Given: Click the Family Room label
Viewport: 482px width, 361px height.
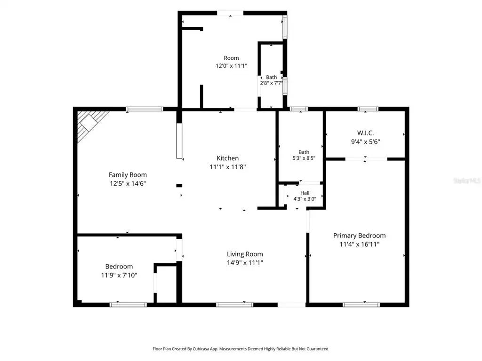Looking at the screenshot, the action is pyautogui.click(x=128, y=175).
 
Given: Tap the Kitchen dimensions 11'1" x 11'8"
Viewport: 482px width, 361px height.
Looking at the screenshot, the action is pyautogui.click(x=228, y=167).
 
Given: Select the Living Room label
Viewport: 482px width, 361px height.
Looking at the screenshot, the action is pyautogui.click(x=245, y=254).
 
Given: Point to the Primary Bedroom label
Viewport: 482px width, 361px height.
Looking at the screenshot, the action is pyautogui.click(x=359, y=235).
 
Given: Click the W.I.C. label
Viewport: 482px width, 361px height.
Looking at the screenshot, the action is pyautogui.click(x=365, y=133).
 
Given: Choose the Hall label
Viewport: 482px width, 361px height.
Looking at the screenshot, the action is pyautogui.click(x=305, y=193).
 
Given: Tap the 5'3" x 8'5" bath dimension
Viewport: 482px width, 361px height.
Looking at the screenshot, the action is pyautogui.click(x=304, y=158).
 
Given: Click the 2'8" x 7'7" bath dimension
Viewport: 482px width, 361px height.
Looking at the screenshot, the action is pyautogui.click(x=272, y=83).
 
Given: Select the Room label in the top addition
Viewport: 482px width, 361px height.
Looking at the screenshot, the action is pyautogui.click(x=231, y=58).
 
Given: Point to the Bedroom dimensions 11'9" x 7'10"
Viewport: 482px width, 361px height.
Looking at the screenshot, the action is pyautogui.click(x=119, y=275).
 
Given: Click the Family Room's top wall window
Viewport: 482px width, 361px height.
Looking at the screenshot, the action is pyautogui.click(x=145, y=109).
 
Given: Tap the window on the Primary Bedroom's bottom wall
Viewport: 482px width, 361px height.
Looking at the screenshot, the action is pyautogui.click(x=361, y=305).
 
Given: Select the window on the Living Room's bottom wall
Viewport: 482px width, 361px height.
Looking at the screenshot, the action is pyautogui.click(x=234, y=305).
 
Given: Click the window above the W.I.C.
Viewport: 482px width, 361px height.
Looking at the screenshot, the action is pyautogui.click(x=368, y=109).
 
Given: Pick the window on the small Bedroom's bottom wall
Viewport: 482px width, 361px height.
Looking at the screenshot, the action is pyautogui.click(x=128, y=305).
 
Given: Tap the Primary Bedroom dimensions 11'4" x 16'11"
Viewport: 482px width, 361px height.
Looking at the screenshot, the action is pyautogui.click(x=360, y=244).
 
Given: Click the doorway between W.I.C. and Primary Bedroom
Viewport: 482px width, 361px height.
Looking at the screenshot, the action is pyautogui.click(x=366, y=159).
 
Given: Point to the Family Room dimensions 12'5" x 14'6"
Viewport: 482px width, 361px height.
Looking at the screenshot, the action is pyautogui.click(x=128, y=184).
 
